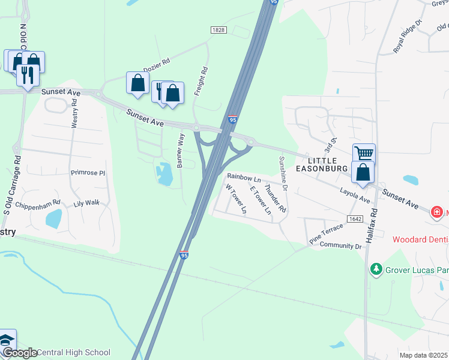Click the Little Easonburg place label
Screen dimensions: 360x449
pyautogui.click(x=328, y=165)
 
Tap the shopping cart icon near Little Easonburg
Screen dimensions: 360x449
pyautogui.click(x=363, y=153)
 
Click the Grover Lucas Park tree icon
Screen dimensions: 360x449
pyautogui.click(x=376, y=269)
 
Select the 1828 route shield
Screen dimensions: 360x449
pyautogui.click(x=218, y=29)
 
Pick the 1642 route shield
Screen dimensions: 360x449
pyautogui.click(x=355, y=219)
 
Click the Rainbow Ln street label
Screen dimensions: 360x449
pyautogui.click(x=244, y=179)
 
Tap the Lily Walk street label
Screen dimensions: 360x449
pyautogui.click(x=86, y=203)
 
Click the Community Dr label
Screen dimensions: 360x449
pyautogui.click(x=341, y=245)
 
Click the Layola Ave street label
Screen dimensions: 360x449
pyautogui.click(x=354, y=194)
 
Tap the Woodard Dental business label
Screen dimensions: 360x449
pyautogui.click(x=420, y=239)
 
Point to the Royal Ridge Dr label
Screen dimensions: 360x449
pyautogui.click(x=408, y=38)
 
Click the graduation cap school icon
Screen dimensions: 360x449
pyautogui.click(x=7, y=340)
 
